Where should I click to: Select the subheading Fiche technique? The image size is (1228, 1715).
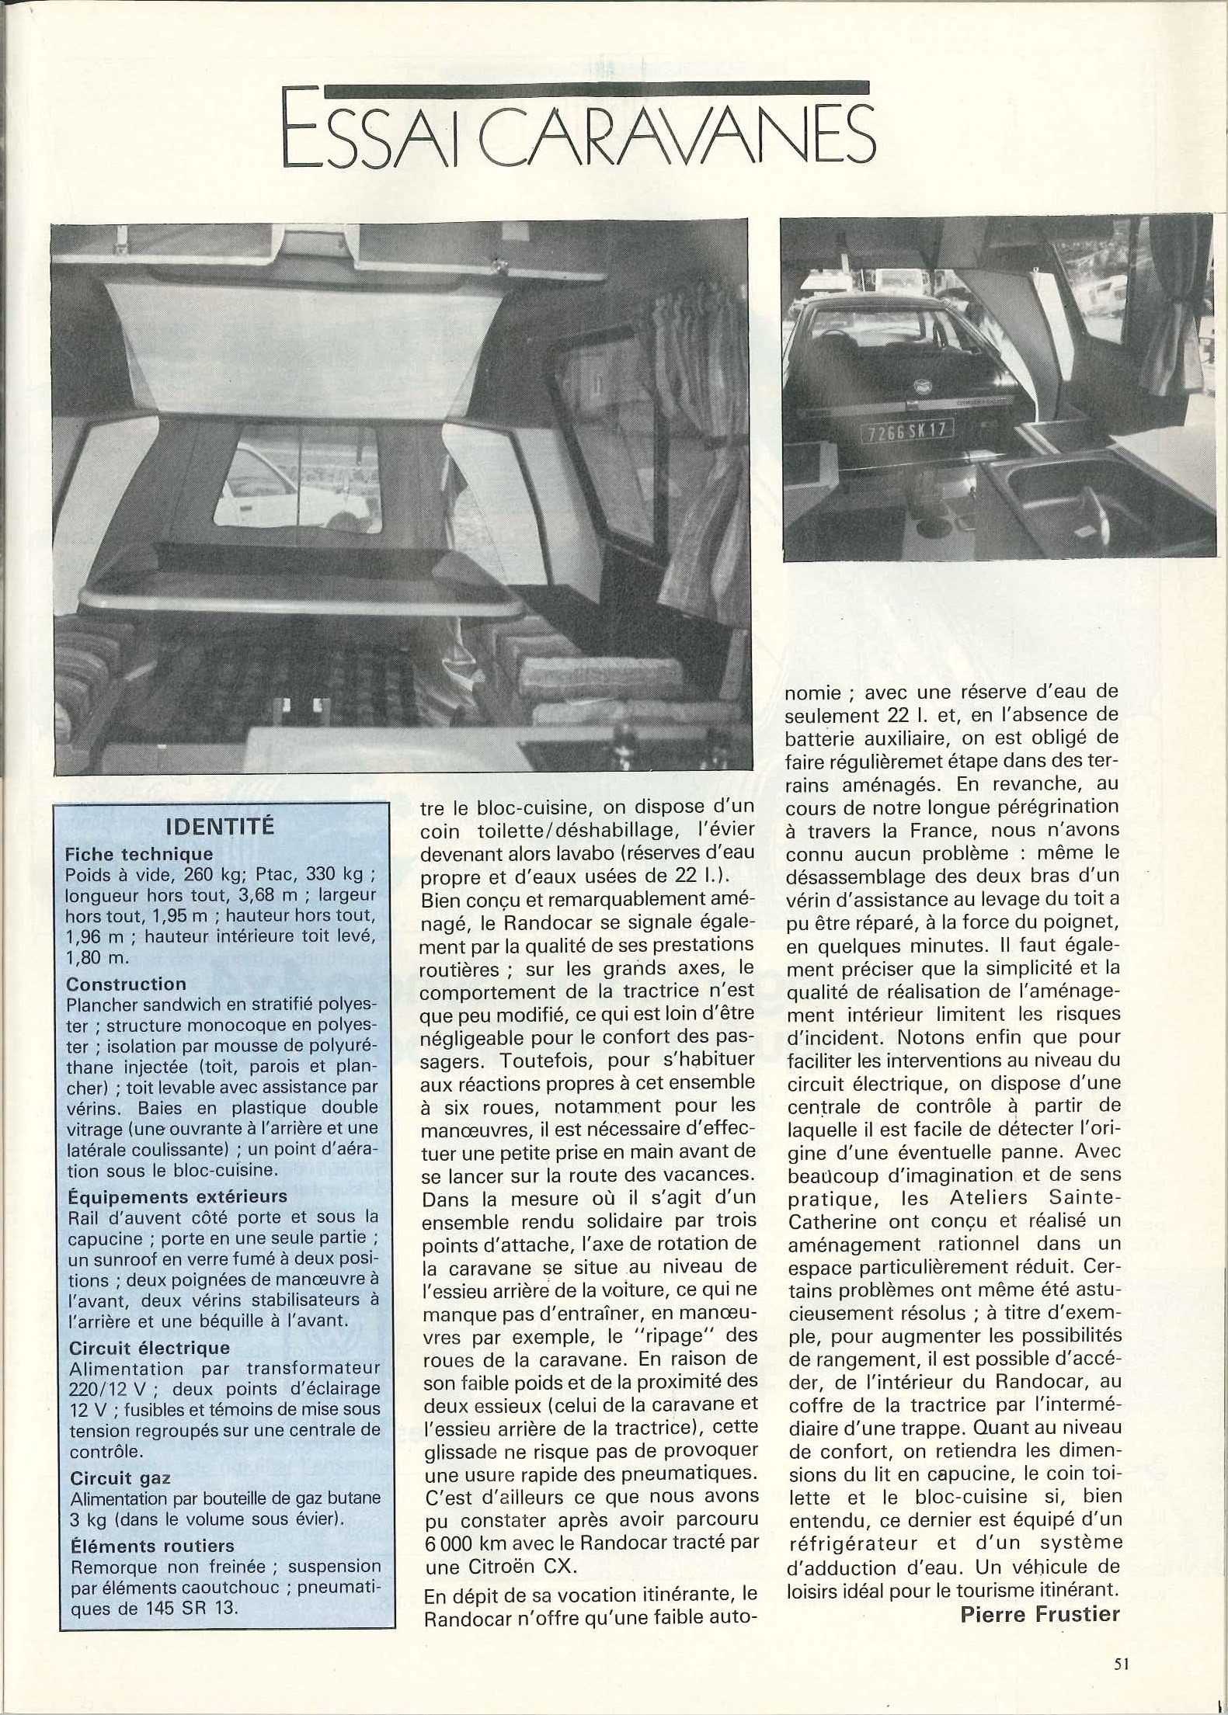[x=139, y=854]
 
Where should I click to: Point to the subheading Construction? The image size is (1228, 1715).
[x=126, y=984]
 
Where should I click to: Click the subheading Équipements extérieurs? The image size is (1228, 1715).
[x=177, y=1196]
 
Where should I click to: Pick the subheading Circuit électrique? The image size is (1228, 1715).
[x=149, y=1348]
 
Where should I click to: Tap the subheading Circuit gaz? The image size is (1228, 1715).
[x=120, y=1478]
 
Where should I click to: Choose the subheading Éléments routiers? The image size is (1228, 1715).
[x=151, y=1546]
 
